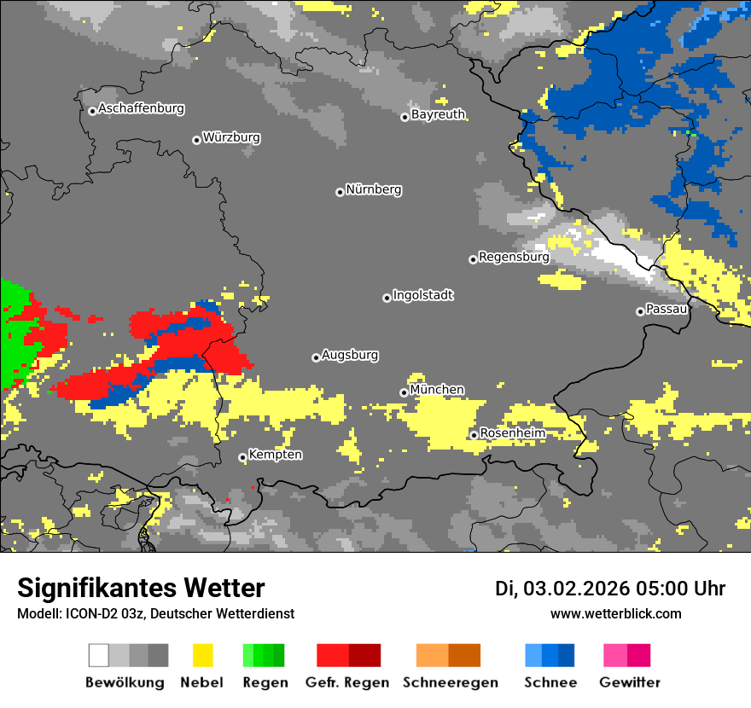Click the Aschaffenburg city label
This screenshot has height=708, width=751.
pyautogui.click(x=141, y=109)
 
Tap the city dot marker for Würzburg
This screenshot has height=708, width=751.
pyautogui.click(x=196, y=140)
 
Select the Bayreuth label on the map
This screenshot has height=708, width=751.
pyautogui.click(x=438, y=114)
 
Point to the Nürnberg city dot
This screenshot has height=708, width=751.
pyautogui.click(x=340, y=192)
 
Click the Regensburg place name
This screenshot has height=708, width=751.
pyautogui.click(x=514, y=257)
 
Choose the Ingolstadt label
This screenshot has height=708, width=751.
pyautogui.click(x=423, y=295)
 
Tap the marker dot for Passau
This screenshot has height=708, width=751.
pyautogui.click(x=640, y=311)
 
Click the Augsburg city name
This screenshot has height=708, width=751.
pyautogui.click(x=350, y=355)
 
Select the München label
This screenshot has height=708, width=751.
pyautogui.click(x=437, y=390)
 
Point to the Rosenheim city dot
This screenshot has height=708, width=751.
pyautogui.click(x=474, y=435)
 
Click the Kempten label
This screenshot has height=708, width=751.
pyautogui.click(x=275, y=455)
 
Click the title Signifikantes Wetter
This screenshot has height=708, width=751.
pyautogui.click(x=141, y=589)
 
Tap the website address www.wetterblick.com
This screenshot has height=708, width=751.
pyautogui.click(x=615, y=613)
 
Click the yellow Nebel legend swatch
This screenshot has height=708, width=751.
pyautogui.click(x=202, y=655)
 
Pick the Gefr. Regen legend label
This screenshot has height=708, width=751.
pyautogui.click(x=347, y=682)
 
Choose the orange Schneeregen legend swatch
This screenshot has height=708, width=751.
pyautogui.click(x=432, y=655)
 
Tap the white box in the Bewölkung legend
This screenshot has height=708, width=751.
pyautogui.click(x=99, y=655)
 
